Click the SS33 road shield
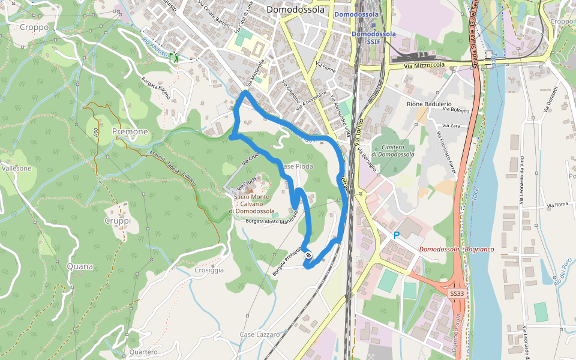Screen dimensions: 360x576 [457, 293]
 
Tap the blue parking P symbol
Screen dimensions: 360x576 [396, 235]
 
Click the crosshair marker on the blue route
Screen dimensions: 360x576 [308, 256]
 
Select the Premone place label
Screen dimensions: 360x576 [130, 131]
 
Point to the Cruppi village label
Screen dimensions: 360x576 [118, 221]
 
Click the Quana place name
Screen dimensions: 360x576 [80, 266]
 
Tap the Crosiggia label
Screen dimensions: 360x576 [209, 270]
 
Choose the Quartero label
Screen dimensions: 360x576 [143, 352]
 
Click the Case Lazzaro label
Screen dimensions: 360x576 [260, 334]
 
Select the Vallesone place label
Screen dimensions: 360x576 [16, 169]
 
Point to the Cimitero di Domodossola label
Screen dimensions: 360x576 [392, 151]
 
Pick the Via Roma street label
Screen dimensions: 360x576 [557, 205]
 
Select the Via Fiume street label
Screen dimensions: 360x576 [326, 66]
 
